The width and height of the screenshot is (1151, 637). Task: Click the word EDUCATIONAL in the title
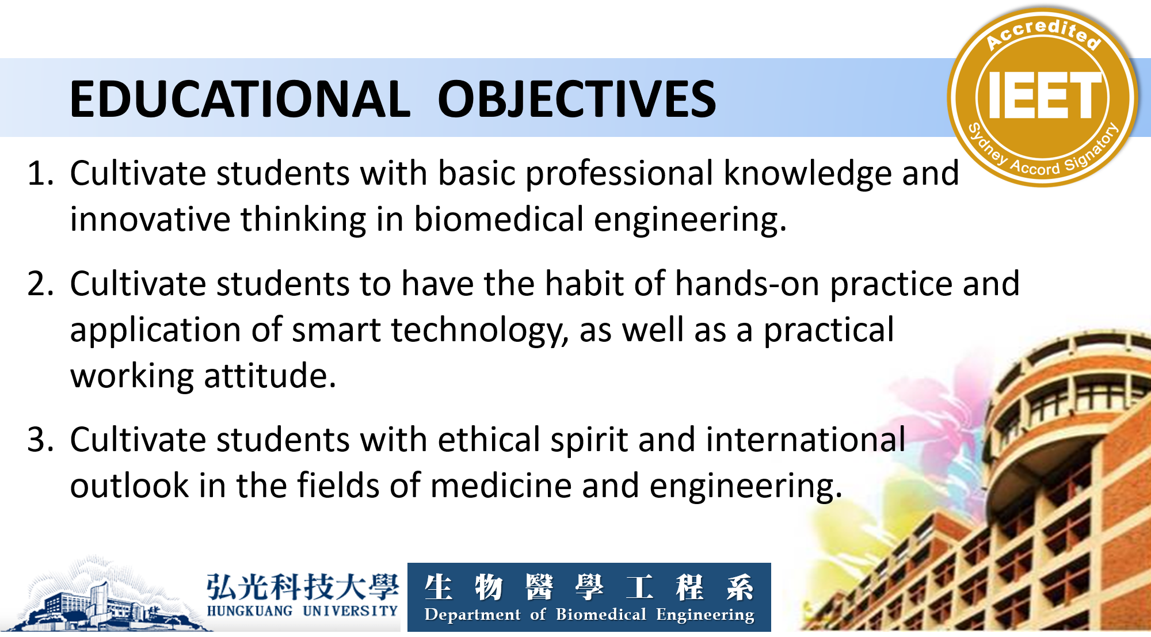tap(240, 99)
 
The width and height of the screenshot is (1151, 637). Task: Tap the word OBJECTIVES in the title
tap(577, 99)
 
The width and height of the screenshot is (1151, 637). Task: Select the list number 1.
tap(40, 173)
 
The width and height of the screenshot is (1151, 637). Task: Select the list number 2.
tap(40, 284)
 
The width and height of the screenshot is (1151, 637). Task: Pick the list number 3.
tap(40, 440)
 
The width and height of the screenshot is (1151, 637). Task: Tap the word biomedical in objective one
tap(499, 219)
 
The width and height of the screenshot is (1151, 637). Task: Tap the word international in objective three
tap(806, 440)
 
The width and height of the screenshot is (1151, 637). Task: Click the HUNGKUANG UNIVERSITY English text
tap(303, 611)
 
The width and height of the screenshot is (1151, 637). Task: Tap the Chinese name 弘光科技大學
tap(303, 586)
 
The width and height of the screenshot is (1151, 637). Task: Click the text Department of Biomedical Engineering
tap(589, 615)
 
